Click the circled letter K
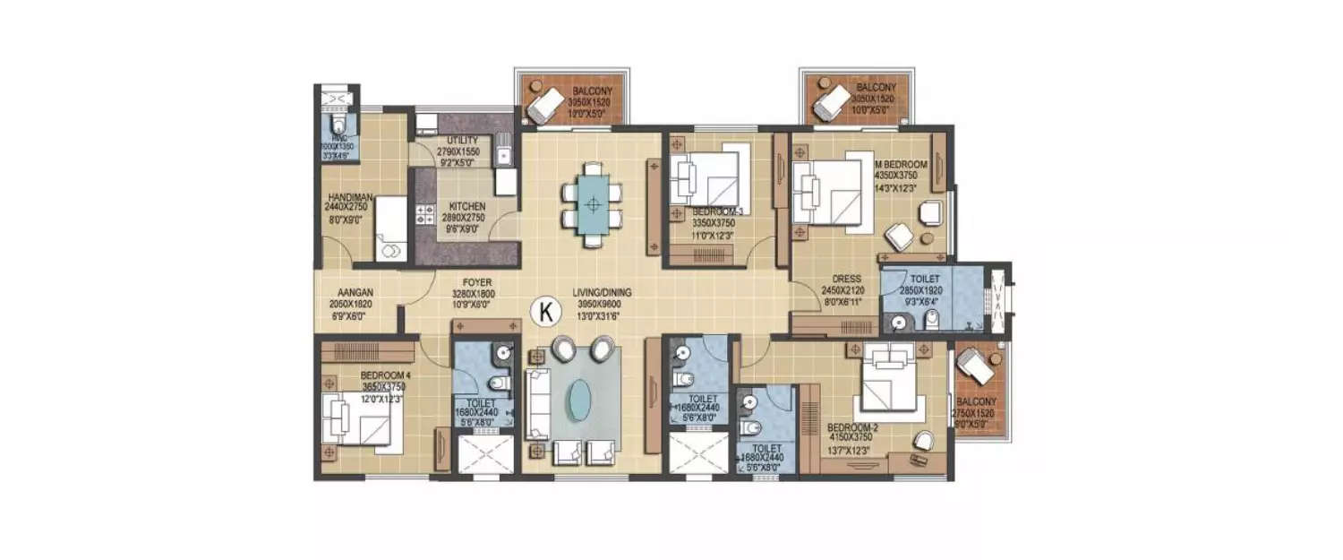[544, 311]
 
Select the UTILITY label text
[458, 142]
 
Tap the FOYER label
[473, 281]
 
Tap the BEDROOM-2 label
[851, 428]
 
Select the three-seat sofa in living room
[537, 402]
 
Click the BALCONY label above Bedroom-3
[592, 91]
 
